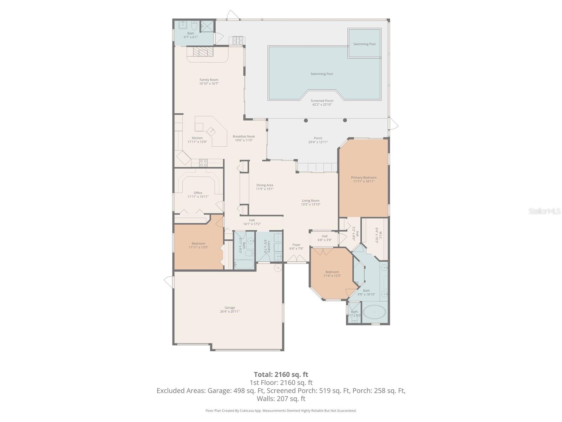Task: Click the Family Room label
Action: tap(209, 80)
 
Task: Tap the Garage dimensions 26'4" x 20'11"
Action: tap(230, 312)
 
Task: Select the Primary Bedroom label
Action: tap(364, 178)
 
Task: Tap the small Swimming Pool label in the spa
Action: tap(364, 44)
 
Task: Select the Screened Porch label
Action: tap(322, 101)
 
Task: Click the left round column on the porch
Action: tap(306, 120)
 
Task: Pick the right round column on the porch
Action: tap(345, 120)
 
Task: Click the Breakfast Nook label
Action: tap(244, 136)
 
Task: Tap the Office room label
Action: tap(198, 193)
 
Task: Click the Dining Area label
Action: tap(264, 185)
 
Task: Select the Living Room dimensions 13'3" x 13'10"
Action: tap(311, 204)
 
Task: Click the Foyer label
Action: tap(296, 245)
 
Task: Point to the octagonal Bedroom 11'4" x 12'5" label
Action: tap(332, 272)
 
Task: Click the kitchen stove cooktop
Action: tap(203, 162)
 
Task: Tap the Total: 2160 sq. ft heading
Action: tap(281, 375)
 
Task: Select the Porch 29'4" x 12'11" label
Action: tap(318, 138)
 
